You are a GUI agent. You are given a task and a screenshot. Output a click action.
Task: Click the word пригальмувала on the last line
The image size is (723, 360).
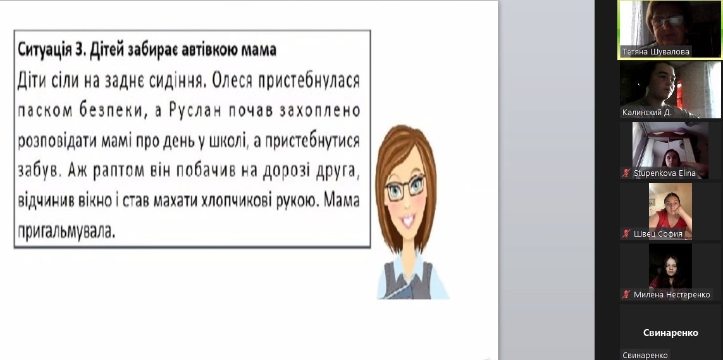pos(66,232)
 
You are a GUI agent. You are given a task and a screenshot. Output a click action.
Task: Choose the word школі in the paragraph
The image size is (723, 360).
pos(226,140)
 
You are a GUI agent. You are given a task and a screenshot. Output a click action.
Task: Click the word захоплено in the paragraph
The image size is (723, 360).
pos(323,111)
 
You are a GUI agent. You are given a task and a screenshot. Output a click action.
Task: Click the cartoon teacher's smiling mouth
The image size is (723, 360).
pos(408,221)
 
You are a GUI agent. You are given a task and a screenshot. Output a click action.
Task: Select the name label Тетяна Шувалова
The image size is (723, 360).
pos(656,52)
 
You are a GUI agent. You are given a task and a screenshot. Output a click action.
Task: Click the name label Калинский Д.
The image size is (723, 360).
pos(646,113)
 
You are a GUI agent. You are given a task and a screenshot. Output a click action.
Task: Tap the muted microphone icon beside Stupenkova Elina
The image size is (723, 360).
pos(626,173)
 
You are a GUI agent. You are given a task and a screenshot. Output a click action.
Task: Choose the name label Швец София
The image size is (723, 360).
pos(658,233)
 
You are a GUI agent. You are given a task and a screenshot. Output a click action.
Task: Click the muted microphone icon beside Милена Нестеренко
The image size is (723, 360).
pos(626,295)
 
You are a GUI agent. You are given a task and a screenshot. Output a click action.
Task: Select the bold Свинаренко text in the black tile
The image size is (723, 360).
pos(670,333)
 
